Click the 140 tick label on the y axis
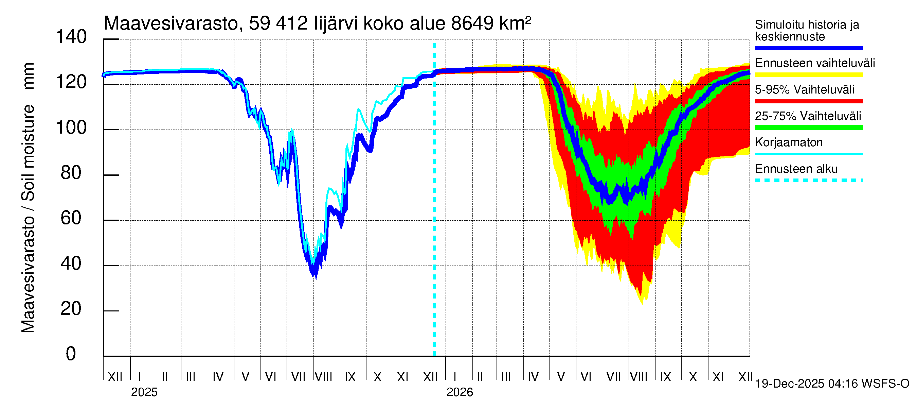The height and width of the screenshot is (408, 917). coord(71,37)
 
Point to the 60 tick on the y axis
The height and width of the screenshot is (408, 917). coord(71,218)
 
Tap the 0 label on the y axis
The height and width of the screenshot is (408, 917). coord(71,354)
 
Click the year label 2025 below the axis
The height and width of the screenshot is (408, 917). coord(144,392)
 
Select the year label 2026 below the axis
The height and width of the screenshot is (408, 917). coord(460,392)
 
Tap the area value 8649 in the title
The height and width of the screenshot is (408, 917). coord(472,24)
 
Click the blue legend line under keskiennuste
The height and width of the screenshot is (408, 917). coord(808,48)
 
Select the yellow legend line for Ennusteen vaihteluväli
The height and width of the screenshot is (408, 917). coord(808,75)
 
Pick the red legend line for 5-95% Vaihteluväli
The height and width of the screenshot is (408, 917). coord(808,101)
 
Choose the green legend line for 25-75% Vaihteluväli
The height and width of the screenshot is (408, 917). coord(808,128)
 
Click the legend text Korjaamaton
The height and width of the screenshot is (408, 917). coord(789,142)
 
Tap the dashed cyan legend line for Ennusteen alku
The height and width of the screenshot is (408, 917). coord(808,180)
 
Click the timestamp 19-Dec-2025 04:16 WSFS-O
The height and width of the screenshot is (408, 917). coord(832,384)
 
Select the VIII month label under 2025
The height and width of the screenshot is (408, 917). coord(324,377)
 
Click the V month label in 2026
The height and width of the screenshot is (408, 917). coord(561,377)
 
